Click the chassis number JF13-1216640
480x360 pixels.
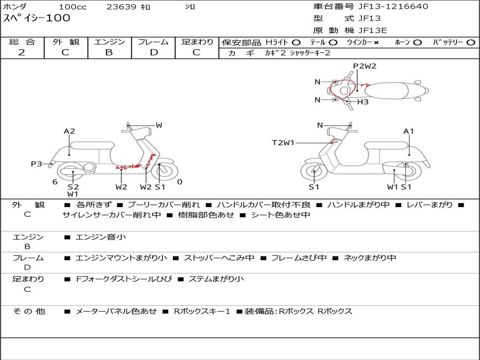point(393,7)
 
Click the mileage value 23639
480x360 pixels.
point(121,7)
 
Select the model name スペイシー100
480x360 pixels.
point(37,18)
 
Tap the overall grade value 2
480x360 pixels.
point(22,52)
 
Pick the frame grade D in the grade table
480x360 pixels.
point(154,52)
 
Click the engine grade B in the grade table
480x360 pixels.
point(109,52)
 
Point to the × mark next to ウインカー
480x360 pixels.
point(376,43)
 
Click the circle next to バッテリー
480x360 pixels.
point(471,43)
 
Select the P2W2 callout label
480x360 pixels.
point(365,66)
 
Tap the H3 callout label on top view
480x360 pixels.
point(363,102)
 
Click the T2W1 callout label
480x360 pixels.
point(283,142)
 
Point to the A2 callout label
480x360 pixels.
point(69,131)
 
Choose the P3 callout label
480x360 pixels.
point(37,164)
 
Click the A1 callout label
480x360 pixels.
point(408,131)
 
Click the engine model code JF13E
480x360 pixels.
point(373,30)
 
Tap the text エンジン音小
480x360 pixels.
point(101,237)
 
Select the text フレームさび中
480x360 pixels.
point(299,258)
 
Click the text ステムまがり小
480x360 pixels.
point(216,279)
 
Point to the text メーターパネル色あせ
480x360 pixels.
point(116,311)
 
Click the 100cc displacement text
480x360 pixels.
point(73,7)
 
